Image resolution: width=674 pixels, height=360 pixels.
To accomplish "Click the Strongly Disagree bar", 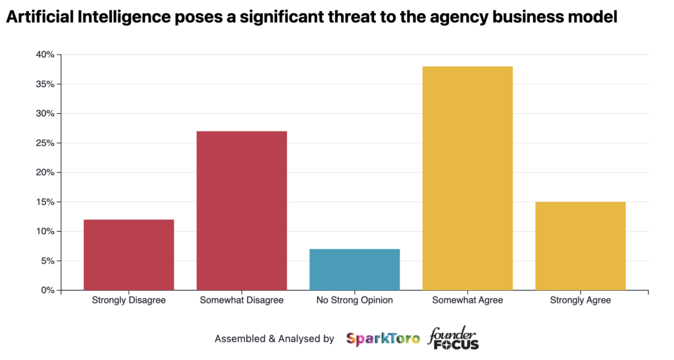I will pos(129,255).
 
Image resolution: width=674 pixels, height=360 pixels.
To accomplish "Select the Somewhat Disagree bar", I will pos(242,211).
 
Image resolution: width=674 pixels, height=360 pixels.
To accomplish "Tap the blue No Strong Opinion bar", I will pos(354,269).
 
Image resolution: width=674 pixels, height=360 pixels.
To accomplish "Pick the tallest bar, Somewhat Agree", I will pos(467,178).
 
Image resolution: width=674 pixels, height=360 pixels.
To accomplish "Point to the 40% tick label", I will pos(45,55).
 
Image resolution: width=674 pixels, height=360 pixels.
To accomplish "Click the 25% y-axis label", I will pos(45,143).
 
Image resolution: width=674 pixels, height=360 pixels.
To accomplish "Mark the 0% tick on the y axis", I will pos(48,290).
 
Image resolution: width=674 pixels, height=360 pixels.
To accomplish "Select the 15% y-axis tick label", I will pos(45,202).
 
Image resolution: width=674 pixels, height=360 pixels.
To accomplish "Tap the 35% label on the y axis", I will pos(45,84).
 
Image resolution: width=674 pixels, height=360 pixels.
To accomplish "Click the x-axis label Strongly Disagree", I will pos(129,301).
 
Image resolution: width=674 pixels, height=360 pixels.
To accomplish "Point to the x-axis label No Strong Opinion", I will pos(354,301).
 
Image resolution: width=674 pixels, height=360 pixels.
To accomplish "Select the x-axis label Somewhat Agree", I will pos(467,301).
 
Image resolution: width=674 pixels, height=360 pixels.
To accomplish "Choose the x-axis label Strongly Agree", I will pos(580,301).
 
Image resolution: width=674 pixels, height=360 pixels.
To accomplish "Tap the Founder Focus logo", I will pos(453,338).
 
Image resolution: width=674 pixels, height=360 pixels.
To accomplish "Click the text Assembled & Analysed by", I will pos(274,339).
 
